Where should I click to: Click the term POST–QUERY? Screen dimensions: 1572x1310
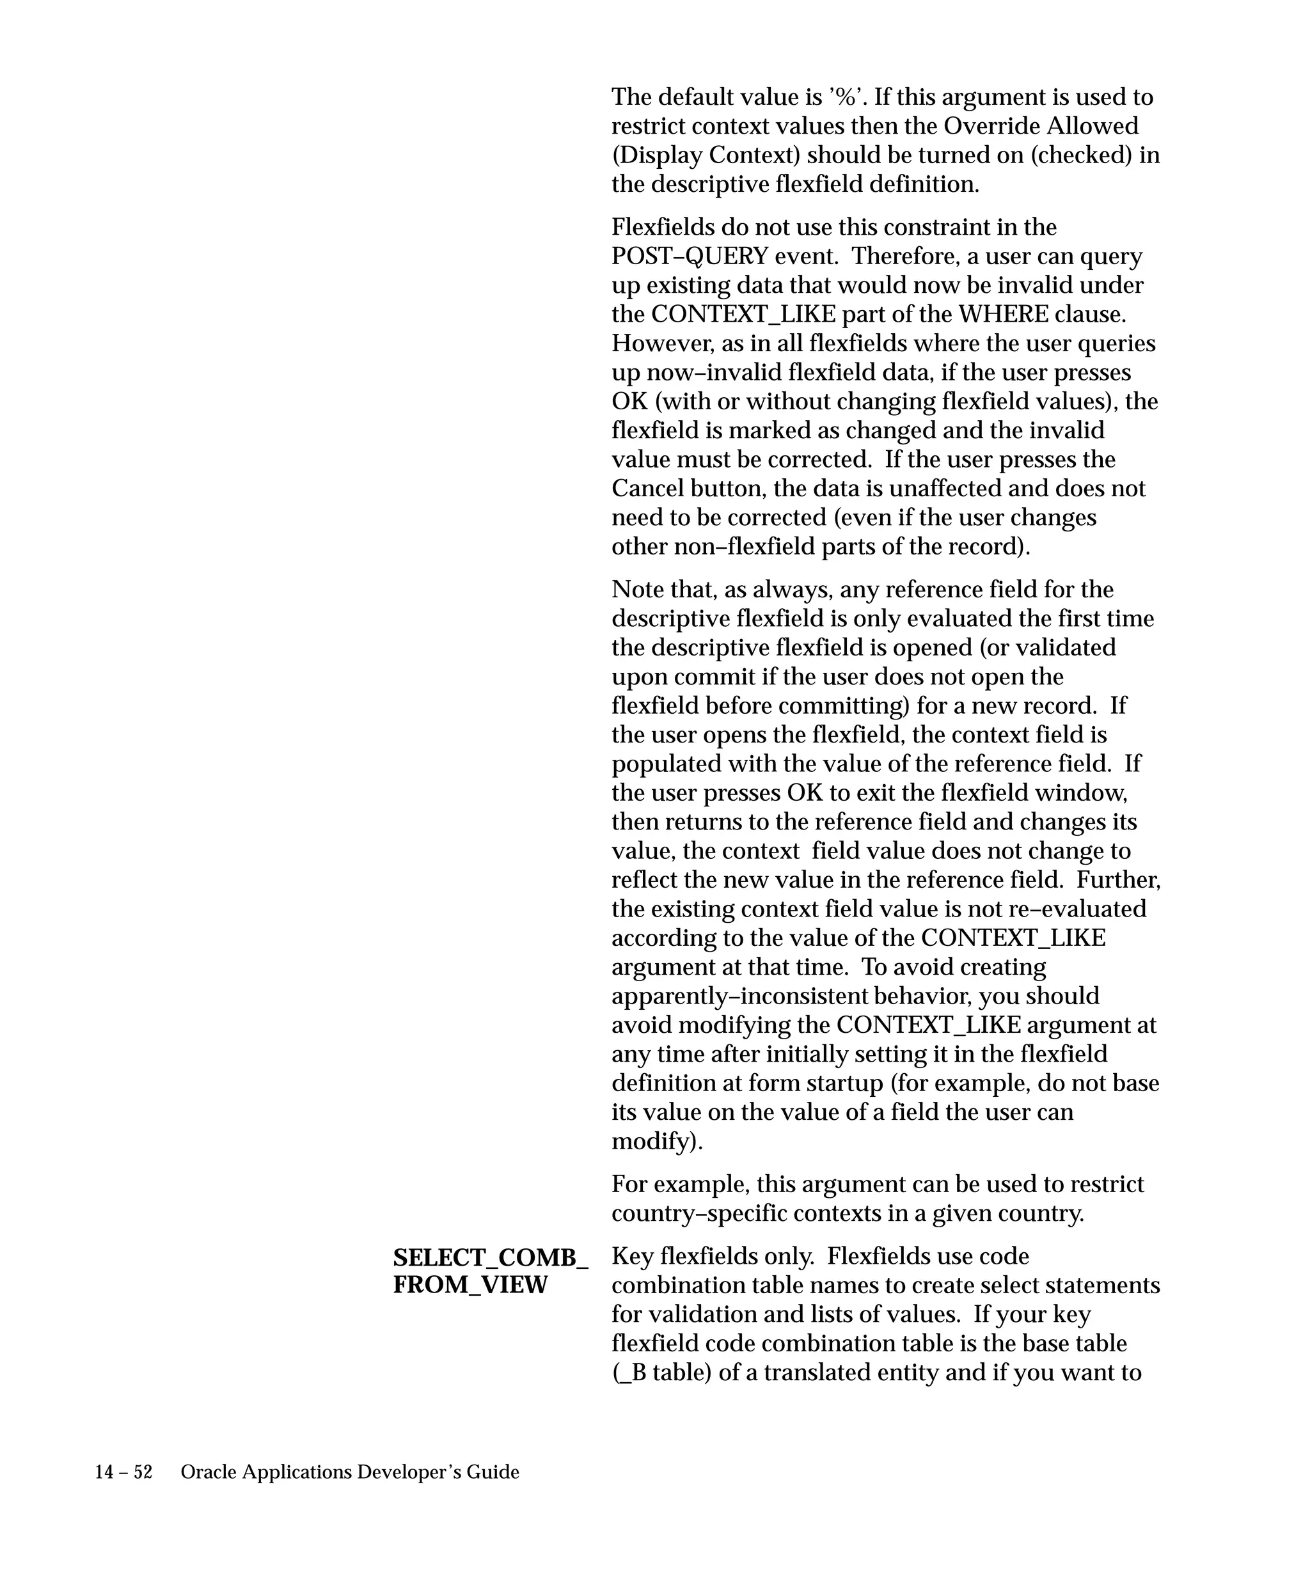(x=690, y=256)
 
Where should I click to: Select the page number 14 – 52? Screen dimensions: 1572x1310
(x=123, y=1472)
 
